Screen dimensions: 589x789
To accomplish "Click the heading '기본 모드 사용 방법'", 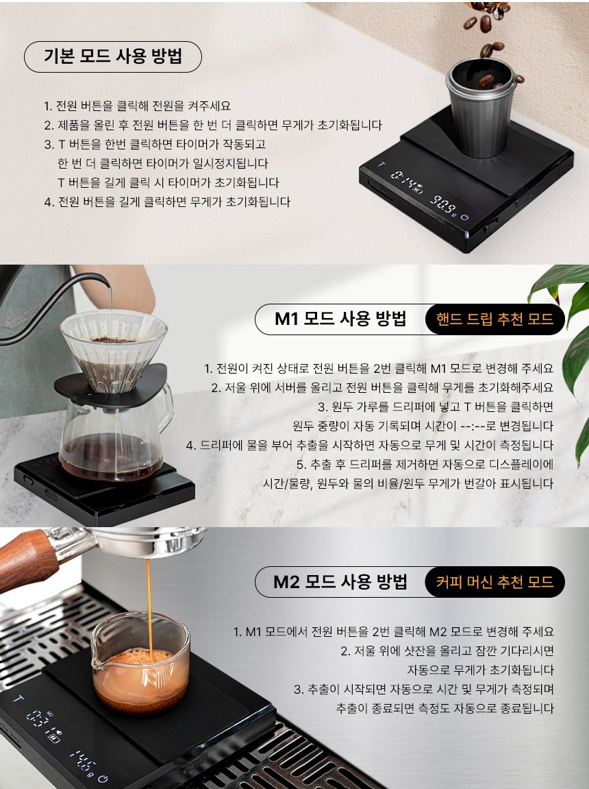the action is [112, 56].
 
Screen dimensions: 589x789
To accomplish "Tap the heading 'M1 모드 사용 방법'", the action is [340, 319].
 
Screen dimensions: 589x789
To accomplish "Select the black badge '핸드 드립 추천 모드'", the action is [494, 319].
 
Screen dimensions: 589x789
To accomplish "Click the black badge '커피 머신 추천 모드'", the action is [494, 582].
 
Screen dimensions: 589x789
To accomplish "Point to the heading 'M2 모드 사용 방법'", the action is [340, 582].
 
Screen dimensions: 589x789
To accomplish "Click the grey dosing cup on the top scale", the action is [481, 107].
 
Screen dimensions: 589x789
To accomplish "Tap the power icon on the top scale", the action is [465, 217].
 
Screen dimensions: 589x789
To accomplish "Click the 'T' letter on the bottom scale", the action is [18, 699].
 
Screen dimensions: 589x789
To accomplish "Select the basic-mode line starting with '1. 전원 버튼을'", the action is [137, 106].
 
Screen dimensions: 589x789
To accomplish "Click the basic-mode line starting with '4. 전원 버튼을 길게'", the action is [167, 202].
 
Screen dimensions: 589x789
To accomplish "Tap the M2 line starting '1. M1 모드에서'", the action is [394, 631].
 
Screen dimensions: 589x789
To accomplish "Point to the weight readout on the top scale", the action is [443, 205].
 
